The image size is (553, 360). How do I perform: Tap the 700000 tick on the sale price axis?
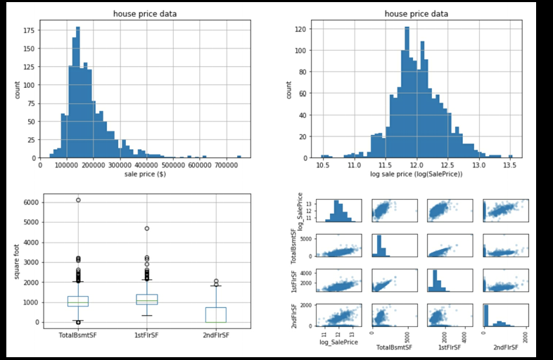point(226,165)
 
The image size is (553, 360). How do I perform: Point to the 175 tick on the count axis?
point(30,31)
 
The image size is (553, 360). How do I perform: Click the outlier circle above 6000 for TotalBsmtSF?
point(78,200)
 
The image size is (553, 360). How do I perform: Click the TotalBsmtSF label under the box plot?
point(78,335)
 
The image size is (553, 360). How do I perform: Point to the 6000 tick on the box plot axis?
point(31,202)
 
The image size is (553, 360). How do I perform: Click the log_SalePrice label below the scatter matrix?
point(340,342)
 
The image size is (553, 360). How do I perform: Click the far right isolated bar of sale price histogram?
point(239,157)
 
